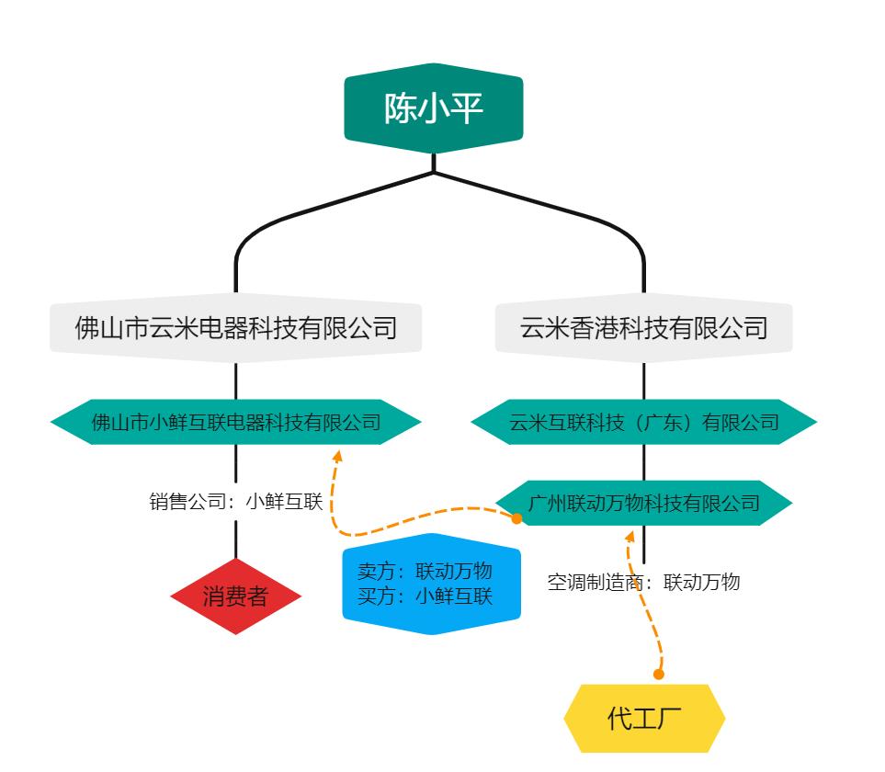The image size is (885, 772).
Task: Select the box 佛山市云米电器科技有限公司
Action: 235,328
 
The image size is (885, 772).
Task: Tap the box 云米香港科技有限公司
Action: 643,328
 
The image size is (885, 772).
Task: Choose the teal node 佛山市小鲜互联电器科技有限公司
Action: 235,422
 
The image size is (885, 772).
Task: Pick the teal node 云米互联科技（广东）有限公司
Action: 643,422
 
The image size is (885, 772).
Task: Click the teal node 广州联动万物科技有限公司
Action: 643,502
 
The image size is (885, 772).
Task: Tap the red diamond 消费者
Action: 235,596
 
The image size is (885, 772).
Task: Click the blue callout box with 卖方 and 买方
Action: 431,584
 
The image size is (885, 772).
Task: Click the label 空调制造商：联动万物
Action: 643,582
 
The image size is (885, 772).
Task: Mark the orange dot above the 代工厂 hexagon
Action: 658,675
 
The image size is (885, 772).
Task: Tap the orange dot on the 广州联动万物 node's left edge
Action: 516,518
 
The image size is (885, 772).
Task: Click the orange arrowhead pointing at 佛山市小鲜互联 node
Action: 337,456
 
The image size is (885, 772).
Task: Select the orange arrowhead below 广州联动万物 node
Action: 630,534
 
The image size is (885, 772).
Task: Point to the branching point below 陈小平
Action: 433,172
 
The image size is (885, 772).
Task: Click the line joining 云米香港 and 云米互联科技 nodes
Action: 643,380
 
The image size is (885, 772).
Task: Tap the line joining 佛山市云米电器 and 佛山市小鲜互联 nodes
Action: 236,380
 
